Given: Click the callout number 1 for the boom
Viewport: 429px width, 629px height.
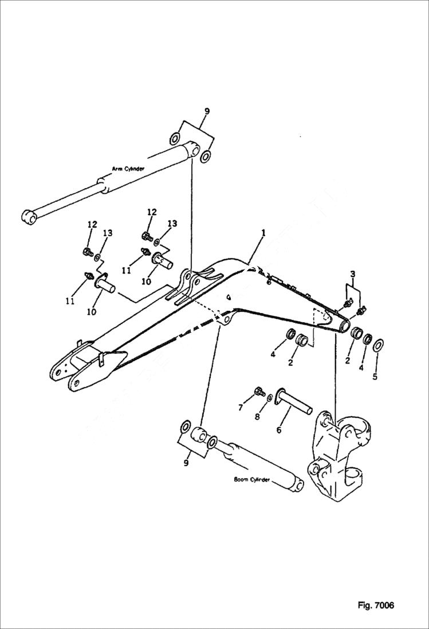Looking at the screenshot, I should (x=263, y=233).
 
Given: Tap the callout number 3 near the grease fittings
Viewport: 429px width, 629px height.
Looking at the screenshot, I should (x=353, y=275).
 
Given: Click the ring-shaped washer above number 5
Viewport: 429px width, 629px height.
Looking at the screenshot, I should (x=379, y=345).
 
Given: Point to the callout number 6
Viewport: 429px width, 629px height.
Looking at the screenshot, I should (x=279, y=429).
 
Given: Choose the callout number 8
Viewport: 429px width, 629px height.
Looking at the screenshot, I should (x=257, y=417).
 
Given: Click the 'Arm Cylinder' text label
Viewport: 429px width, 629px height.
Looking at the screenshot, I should (x=128, y=169).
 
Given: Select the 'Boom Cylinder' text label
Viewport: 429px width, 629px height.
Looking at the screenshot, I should (x=251, y=479).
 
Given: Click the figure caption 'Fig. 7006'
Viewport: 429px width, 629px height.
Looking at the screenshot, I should (x=376, y=605).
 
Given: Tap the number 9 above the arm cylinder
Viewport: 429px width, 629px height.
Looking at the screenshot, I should (x=207, y=111).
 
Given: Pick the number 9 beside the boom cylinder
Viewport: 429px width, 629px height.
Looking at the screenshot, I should (x=186, y=463).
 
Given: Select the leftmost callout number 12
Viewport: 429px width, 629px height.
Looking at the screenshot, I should (x=92, y=224).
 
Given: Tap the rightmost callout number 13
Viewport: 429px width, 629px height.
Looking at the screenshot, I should (x=172, y=224).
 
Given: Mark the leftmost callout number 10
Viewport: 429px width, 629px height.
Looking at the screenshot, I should (x=91, y=311).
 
